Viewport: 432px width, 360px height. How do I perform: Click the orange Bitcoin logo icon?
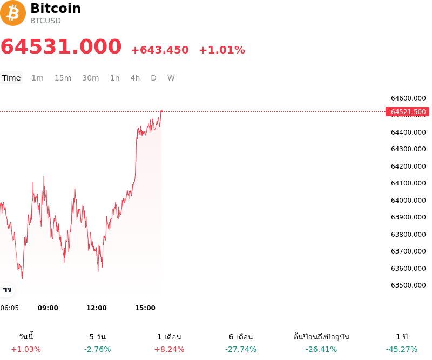tap(12, 13)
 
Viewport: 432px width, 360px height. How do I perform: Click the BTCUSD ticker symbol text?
tap(45, 21)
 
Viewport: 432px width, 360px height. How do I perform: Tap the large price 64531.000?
tap(61, 46)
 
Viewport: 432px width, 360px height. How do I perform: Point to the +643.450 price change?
tap(160, 50)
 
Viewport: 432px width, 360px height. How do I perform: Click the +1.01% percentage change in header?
tap(222, 50)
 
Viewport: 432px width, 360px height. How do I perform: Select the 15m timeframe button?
tap(63, 78)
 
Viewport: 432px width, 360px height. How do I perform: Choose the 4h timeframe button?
tap(135, 78)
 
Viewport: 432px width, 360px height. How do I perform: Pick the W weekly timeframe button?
tap(171, 78)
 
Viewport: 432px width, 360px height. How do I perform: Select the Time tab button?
tap(11, 78)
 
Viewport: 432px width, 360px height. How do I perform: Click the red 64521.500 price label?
tap(407, 112)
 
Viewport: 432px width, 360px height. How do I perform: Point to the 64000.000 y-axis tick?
tap(408, 201)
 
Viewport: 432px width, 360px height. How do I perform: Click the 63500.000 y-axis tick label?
tap(408, 285)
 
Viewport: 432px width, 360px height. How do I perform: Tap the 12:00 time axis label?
tap(97, 308)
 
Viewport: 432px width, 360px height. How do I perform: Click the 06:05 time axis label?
tap(10, 308)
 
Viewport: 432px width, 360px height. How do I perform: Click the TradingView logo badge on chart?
tap(7, 290)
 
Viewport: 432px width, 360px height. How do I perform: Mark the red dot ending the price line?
tap(161, 111)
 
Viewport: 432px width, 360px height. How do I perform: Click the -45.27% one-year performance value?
tap(401, 349)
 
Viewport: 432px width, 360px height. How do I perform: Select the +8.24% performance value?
tap(169, 349)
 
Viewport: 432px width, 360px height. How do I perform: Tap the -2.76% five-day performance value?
tap(98, 349)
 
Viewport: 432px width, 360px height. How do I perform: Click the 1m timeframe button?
tap(37, 78)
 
